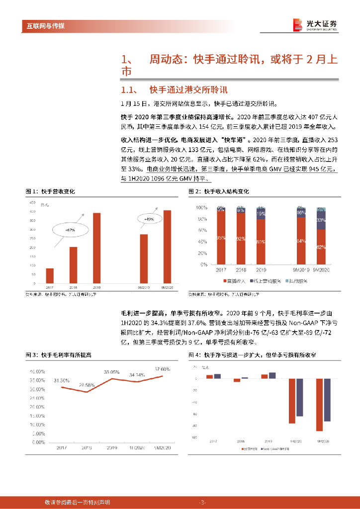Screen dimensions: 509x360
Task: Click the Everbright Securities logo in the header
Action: click(315, 24)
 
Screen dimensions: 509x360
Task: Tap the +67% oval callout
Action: click(70, 231)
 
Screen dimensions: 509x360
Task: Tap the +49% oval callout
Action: click(149, 219)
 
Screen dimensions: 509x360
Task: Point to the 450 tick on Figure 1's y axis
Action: click(32, 202)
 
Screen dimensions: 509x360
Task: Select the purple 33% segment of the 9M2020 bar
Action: click(321, 220)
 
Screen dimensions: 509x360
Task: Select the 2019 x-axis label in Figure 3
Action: click(111, 448)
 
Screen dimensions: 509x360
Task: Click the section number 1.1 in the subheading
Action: click(129, 90)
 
